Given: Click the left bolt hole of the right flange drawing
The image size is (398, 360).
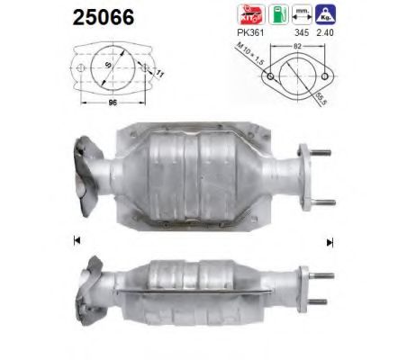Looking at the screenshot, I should [267, 78].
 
